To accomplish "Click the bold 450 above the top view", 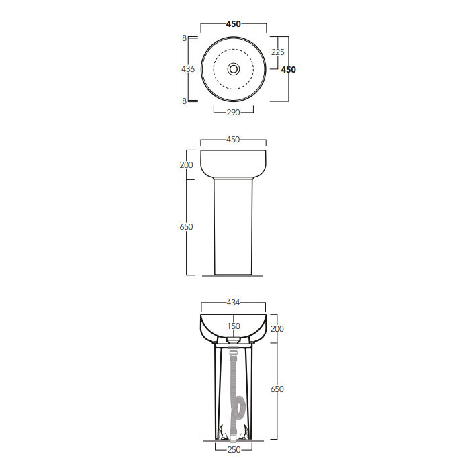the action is point(234,24).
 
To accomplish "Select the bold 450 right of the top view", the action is point(288,70).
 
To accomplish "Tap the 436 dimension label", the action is point(188,69).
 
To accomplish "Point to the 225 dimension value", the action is point(277,52).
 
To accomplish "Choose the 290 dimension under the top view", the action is point(233,113).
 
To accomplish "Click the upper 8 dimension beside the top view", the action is point(185,38).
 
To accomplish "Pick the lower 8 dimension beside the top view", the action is point(185,101).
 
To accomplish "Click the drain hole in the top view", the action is point(234,69).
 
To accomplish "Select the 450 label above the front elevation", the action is point(233,140).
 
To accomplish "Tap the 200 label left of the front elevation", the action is point(186,165).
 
